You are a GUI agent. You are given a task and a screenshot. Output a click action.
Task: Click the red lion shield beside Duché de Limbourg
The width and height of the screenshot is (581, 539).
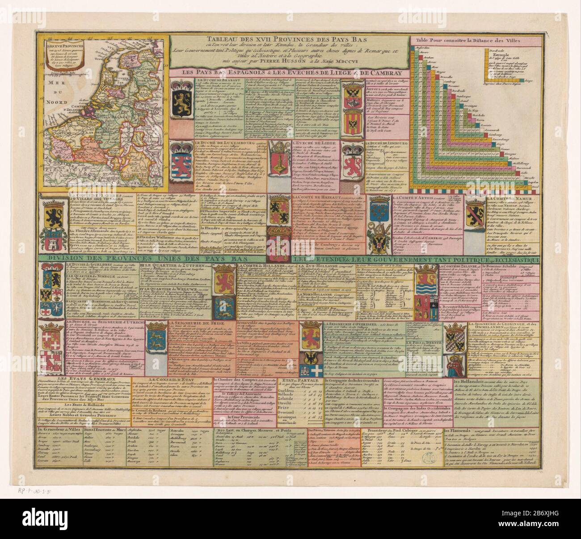351,159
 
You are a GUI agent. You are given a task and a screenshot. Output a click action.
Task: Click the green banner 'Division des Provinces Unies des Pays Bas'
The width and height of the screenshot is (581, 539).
163,258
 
